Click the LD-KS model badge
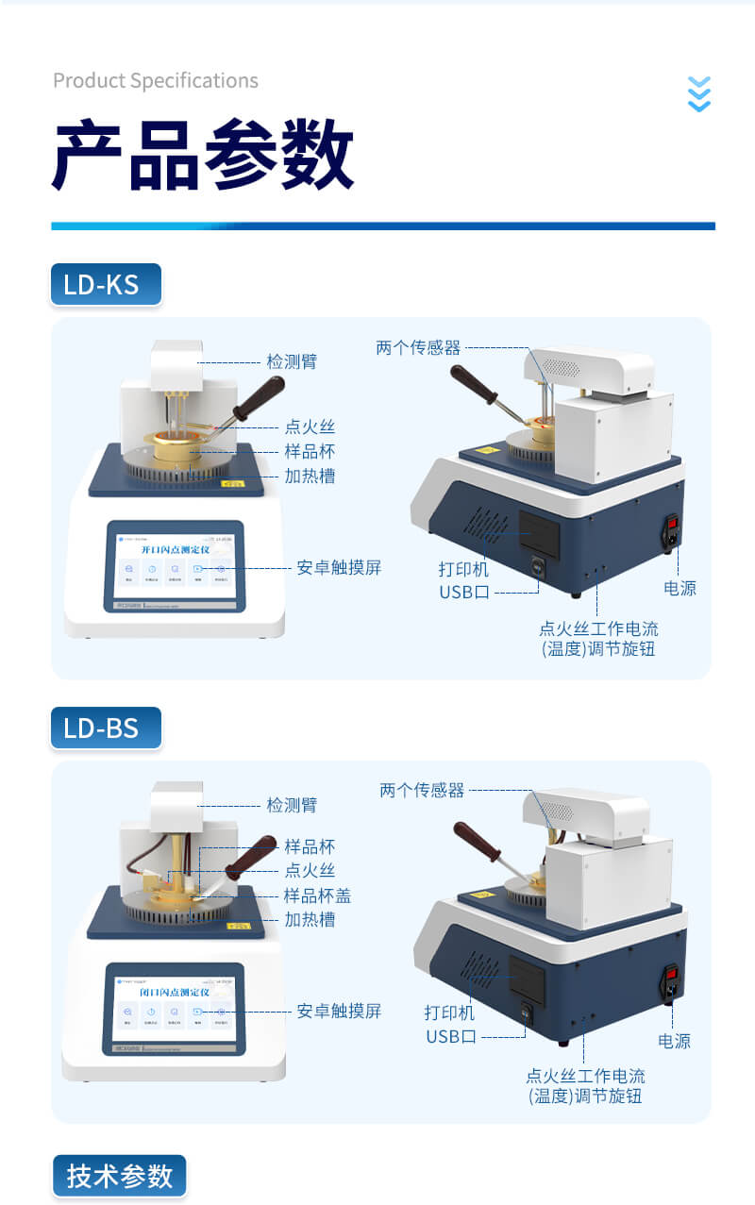[x=105, y=284]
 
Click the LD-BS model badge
[x=105, y=728]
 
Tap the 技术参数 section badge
[x=120, y=1175]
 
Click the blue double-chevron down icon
[x=698, y=94]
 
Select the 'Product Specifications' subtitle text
[x=156, y=81]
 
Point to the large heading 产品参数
[x=203, y=156]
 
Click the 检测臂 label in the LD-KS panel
[x=292, y=361]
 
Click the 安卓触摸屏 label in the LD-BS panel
[x=339, y=1011]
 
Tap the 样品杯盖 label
[x=318, y=895]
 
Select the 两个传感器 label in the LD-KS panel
[x=418, y=347]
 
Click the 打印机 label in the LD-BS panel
[x=449, y=1013]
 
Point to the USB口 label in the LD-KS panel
[x=464, y=593]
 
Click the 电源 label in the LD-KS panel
[x=679, y=588]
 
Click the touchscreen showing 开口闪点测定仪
[x=175, y=567]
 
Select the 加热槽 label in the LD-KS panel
[x=310, y=476]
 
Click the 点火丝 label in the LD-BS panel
[x=310, y=870]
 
